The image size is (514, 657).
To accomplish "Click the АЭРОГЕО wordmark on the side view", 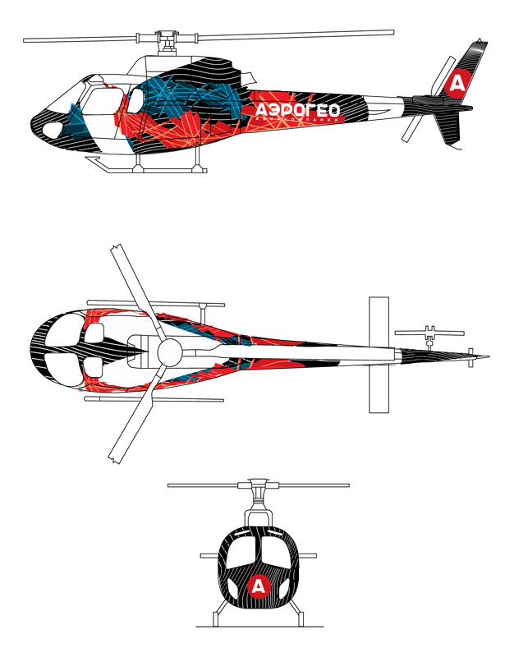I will [x=296, y=110].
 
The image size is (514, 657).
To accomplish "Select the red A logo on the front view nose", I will [x=259, y=586].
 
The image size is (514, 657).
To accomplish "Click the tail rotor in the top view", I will [x=427, y=333].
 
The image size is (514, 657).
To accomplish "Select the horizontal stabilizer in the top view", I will [x=378, y=353].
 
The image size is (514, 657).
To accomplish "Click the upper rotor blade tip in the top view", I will [x=115, y=253].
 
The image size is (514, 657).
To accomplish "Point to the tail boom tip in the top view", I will [x=486, y=357].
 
